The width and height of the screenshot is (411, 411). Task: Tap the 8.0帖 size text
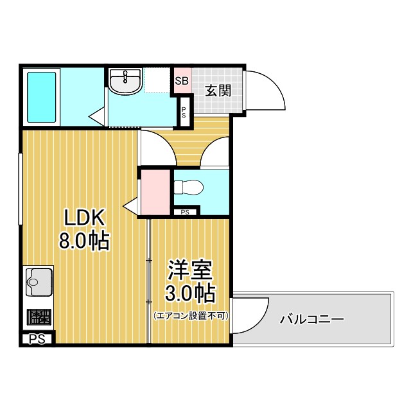(83, 241)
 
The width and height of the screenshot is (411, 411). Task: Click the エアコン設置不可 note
(190, 316)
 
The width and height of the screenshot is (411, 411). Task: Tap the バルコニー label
(313, 319)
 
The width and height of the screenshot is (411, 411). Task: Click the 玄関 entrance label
(218, 90)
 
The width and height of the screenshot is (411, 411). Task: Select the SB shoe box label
(182, 81)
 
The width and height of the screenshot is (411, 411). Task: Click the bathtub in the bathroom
(42, 97)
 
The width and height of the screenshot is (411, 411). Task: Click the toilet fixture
(188, 188)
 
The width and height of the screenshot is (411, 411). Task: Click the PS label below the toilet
(186, 212)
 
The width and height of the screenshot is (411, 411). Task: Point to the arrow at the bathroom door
(97, 116)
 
